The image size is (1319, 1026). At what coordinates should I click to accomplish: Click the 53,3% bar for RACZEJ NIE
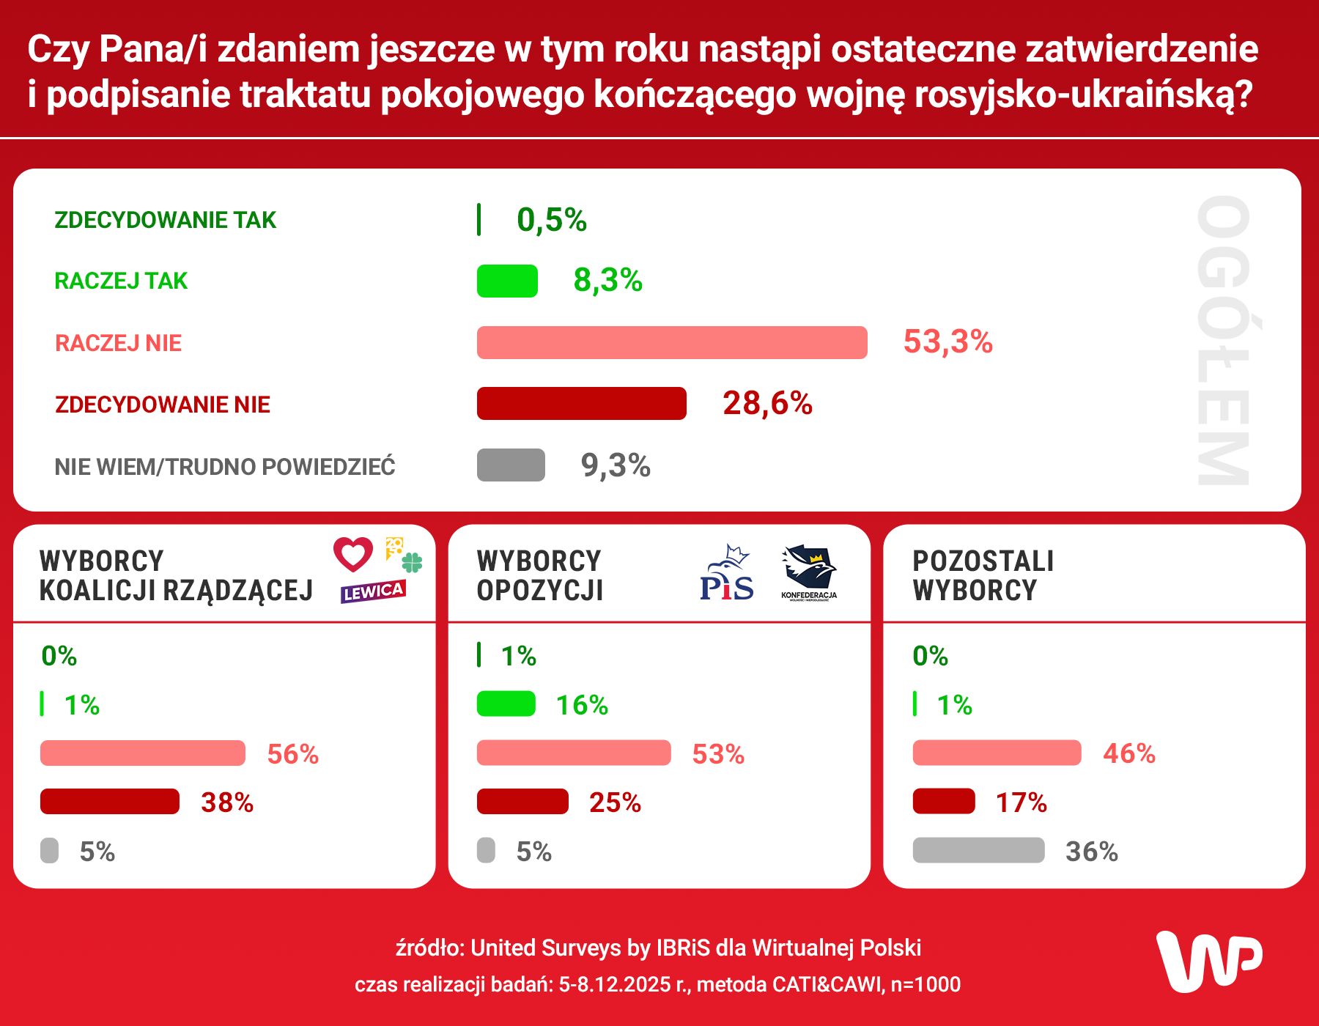[x=671, y=342]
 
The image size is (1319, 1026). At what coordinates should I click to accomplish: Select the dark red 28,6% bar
[x=581, y=404]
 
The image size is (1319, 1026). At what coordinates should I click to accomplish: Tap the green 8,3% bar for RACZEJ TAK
[x=507, y=281]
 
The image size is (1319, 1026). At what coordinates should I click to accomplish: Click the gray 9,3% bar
[x=511, y=465]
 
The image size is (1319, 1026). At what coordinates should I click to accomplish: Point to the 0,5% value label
[x=551, y=220]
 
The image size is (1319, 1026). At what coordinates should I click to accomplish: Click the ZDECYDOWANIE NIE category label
[x=163, y=405]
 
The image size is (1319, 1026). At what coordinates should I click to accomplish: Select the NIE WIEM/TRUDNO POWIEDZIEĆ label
[x=225, y=467]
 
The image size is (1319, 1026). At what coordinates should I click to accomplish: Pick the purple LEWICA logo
[x=373, y=591]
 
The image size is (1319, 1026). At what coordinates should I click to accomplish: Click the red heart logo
[x=353, y=554]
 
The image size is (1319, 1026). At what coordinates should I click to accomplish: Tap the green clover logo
[x=412, y=563]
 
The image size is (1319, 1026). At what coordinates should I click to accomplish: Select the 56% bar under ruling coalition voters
[x=143, y=753]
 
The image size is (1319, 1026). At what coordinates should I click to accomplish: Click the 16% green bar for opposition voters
[x=506, y=704]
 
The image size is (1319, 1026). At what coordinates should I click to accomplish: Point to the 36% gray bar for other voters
[x=978, y=851]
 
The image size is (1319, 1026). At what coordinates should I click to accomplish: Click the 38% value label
[x=227, y=802]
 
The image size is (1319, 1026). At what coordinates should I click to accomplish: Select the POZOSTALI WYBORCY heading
[x=983, y=576]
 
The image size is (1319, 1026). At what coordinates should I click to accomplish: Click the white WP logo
[x=1208, y=961]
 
